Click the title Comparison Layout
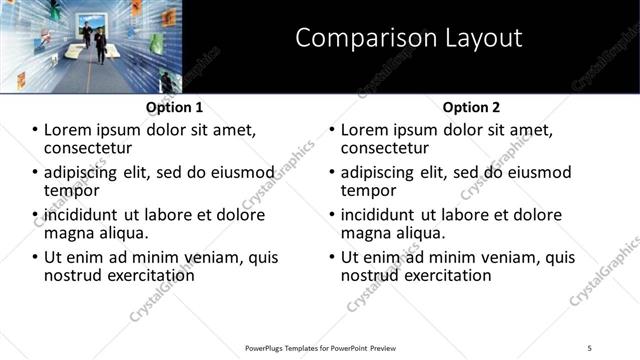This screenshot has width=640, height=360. pos(409,39)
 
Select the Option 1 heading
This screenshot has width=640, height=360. pos(174,107)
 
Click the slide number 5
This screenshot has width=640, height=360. pos(589,347)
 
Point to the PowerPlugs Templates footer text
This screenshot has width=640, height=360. pos(320,347)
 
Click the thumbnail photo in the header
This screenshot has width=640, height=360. pos(91,46)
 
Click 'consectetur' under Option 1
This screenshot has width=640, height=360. pos(90,149)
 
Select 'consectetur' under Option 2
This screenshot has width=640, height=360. pos(387,149)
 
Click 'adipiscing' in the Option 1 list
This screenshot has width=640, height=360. pos(81,172)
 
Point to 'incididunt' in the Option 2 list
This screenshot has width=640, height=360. pos(380,215)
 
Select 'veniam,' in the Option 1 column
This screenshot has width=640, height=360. pos(214,257)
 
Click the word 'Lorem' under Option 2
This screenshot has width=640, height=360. pos(366,130)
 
